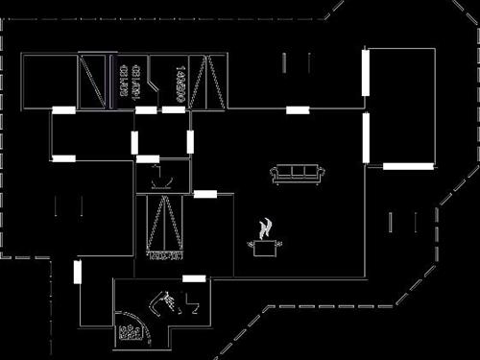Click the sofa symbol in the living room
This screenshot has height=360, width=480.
tap(297, 174)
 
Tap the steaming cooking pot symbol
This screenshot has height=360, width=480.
tap(265, 246)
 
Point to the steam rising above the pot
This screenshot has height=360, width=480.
tap(266, 228)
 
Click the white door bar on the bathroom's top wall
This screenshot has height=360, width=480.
tap(194, 278)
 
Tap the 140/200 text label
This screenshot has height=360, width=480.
tap(181, 80)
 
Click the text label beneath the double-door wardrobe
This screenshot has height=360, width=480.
tap(163, 255)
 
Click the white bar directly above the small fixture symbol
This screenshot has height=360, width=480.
tap(148, 158)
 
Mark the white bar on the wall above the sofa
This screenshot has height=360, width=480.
tap(298, 110)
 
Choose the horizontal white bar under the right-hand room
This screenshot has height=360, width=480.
tap(408, 166)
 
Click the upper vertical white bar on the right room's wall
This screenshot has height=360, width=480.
tap(365, 72)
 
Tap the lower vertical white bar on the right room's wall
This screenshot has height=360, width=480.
tap(365, 138)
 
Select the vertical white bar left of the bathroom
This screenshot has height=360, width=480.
tap(78, 272)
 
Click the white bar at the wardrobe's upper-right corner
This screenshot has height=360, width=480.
tap(205, 194)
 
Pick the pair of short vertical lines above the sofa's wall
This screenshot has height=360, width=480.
tap(297, 63)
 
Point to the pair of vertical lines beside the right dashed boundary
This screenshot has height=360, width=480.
tap(402, 223)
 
